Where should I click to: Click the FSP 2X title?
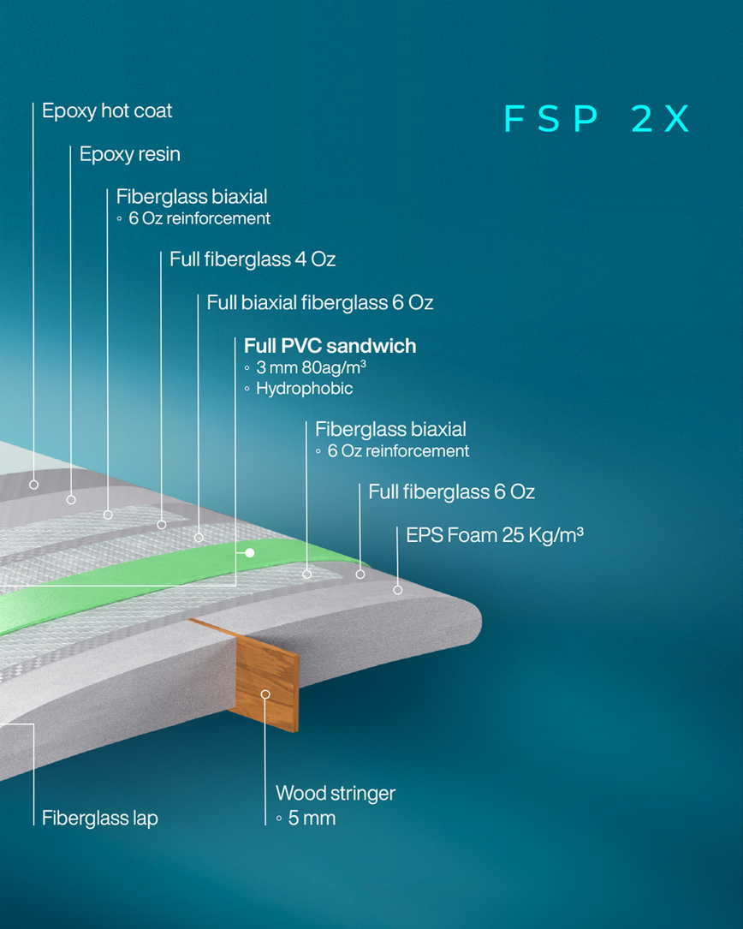[x=597, y=119]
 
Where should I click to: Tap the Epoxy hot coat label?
[x=107, y=111]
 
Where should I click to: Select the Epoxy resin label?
[x=130, y=154]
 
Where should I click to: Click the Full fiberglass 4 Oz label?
[x=253, y=259]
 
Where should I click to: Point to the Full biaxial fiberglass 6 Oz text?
[x=320, y=302]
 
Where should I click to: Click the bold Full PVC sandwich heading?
[x=330, y=346]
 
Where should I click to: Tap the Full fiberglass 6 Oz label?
[x=451, y=492]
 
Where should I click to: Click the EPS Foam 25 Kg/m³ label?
[x=495, y=536]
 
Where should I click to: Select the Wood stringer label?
[x=336, y=794]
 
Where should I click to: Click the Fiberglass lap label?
[x=100, y=819]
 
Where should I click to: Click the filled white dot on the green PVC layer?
[x=250, y=553]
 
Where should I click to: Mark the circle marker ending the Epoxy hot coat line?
[x=34, y=485]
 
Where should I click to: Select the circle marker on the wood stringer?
[x=265, y=694]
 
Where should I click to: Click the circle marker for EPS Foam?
[x=397, y=589]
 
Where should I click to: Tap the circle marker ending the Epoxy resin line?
[x=71, y=499]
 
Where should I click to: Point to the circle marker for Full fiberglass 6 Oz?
[x=360, y=575]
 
